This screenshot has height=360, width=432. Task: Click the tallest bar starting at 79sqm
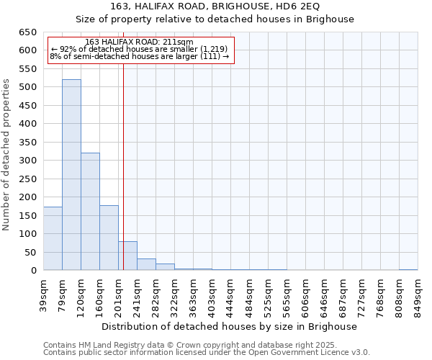(71, 175)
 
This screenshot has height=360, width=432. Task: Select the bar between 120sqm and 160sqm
(90, 212)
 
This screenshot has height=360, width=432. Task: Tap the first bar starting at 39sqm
(53, 238)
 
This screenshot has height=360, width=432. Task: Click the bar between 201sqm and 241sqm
(127, 256)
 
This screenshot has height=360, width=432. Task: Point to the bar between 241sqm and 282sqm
(146, 264)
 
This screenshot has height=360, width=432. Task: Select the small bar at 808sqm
(408, 270)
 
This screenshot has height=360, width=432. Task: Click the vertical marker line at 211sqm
(123, 158)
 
